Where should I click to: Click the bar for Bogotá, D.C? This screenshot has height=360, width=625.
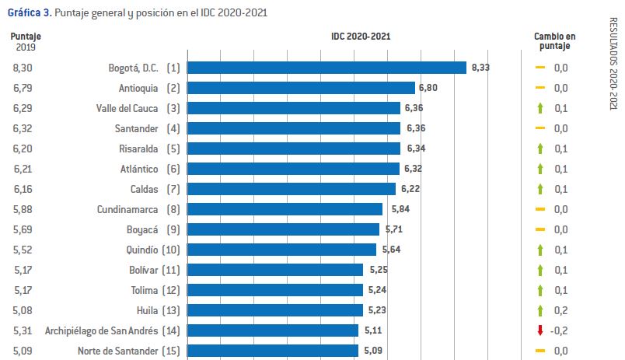click(x=326, y=68)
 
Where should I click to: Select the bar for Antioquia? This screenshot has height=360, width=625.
click(x=301, y=88)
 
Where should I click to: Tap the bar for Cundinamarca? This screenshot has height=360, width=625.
click(x=285, y=209)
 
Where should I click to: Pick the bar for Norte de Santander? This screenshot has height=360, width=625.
click(x=273, y=351)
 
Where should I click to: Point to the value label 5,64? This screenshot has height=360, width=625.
click(x=391, y=250)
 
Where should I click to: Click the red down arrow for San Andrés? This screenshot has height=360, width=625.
click(x=539, y=330)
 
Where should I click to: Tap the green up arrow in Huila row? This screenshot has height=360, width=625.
click(x=539, y=310)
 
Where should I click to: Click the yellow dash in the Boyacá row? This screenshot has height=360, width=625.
click(x=539, y=229)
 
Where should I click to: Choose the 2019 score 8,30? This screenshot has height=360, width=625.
click(x=23, y=68)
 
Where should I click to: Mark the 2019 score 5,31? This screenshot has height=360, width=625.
click(x=23, y=330)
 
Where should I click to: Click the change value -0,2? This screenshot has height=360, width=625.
click(x=560, y=330)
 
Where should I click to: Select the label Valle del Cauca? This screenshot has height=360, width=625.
click(x=127, y=108)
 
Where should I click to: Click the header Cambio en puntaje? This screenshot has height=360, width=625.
click(x=554, y=41)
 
